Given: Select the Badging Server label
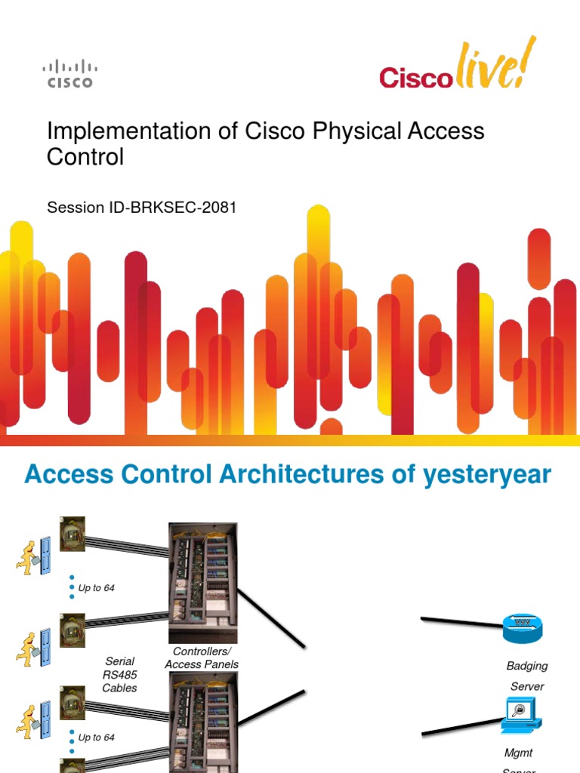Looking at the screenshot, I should [x=526, y=676].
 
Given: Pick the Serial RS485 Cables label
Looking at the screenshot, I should [x=119, y=674].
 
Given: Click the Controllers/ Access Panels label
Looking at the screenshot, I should [x=202, y=658].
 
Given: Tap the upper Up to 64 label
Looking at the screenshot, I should [x=97, y=588].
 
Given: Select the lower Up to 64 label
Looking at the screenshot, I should [x=97, y=738].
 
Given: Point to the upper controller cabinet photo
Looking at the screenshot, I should [x=202, y=582].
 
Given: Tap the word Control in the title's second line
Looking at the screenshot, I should [x=85, y=158].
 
